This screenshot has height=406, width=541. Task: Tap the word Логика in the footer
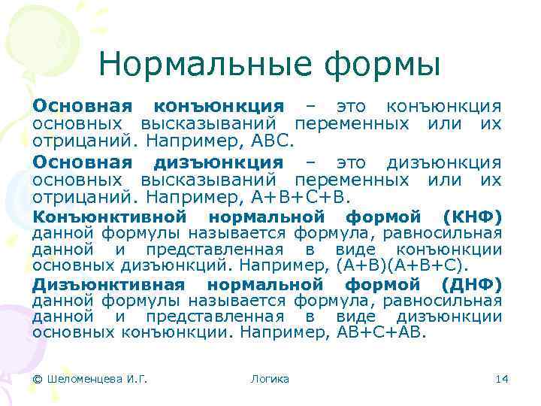click(x=270, y=379)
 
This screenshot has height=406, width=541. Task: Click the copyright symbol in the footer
click(x=38, y=379)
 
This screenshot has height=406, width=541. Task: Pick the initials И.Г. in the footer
click(x=136, y=379)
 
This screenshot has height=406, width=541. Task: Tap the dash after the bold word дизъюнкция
click(x=309, y=163)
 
